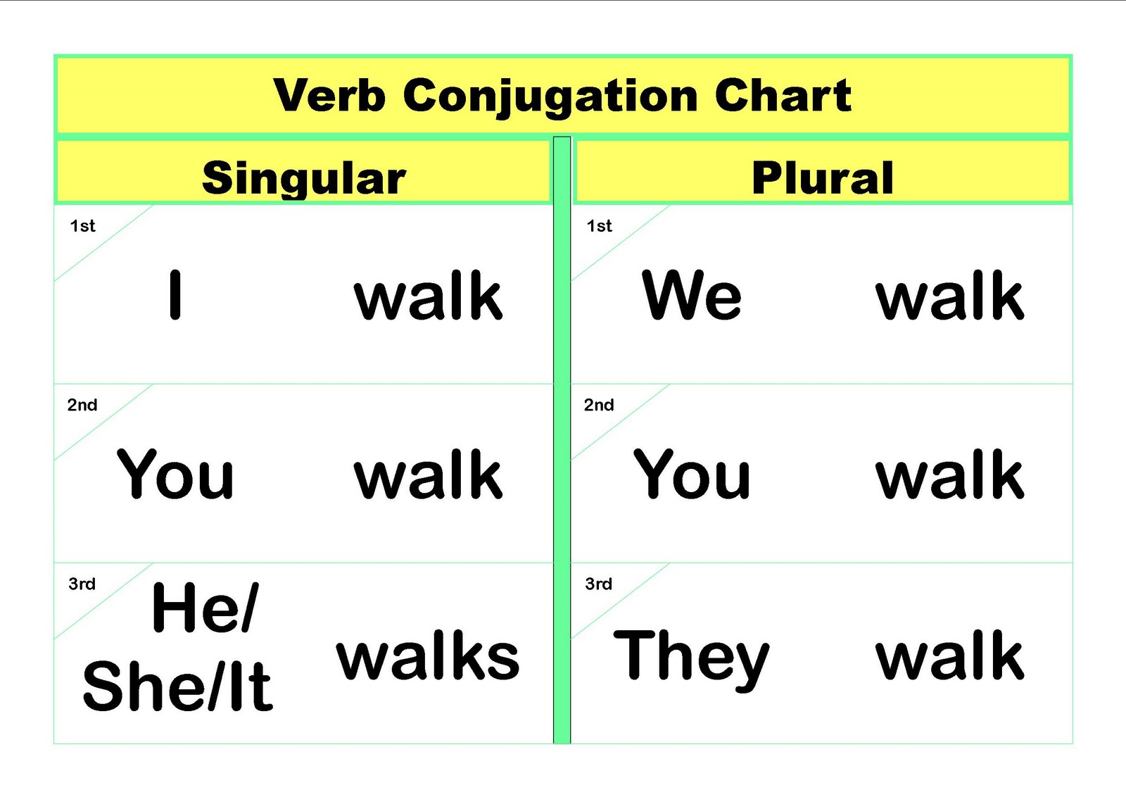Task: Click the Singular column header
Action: (x=303, y=178)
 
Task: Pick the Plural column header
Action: (x=822, y=177)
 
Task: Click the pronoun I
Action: (x=175, y=295)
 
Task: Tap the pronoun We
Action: (x=692, y=295)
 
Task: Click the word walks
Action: (x=428, y=656)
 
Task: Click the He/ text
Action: (x=205, y=607)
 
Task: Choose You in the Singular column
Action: (x=175, y=475)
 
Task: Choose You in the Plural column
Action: (x=692, y=475)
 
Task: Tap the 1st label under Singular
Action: (x=82, y=226)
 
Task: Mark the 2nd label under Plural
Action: (x=599, y=405)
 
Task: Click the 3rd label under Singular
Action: (x=82, y=584)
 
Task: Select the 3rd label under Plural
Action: (x=598, y=584)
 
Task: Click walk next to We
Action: (x=949, y=296)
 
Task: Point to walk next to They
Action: (x=949, y=656)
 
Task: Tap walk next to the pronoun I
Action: (x=428, y=296)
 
